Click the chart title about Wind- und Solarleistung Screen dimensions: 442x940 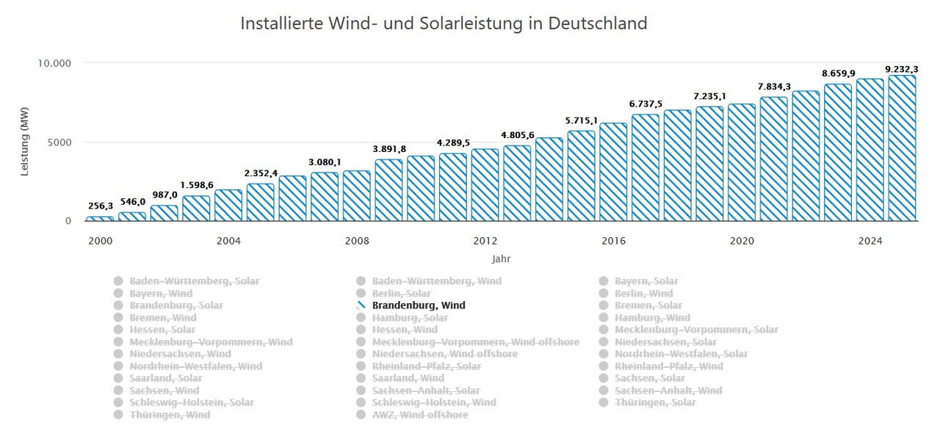[444, 23]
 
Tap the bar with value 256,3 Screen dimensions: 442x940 [99, 219]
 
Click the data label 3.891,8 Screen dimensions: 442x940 [388, 149]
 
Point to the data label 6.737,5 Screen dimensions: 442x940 [646, 104]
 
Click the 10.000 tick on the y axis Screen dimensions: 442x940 [55, 63]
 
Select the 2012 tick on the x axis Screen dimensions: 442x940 [485, 241]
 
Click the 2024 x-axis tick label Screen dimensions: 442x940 [869, 241]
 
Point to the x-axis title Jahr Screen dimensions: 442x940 [501, 258]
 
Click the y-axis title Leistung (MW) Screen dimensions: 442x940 [24, 142]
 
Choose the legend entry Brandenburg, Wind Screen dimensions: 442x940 [419, 305]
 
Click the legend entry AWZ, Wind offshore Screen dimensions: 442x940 [419, 415]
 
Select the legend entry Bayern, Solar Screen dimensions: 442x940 [646, 281]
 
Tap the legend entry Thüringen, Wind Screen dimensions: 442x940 [170, 415]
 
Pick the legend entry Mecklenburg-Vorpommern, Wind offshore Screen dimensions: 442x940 [475, 342]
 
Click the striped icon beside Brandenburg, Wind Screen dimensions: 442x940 [361, 305]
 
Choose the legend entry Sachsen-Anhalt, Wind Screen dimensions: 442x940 [668, 391]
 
